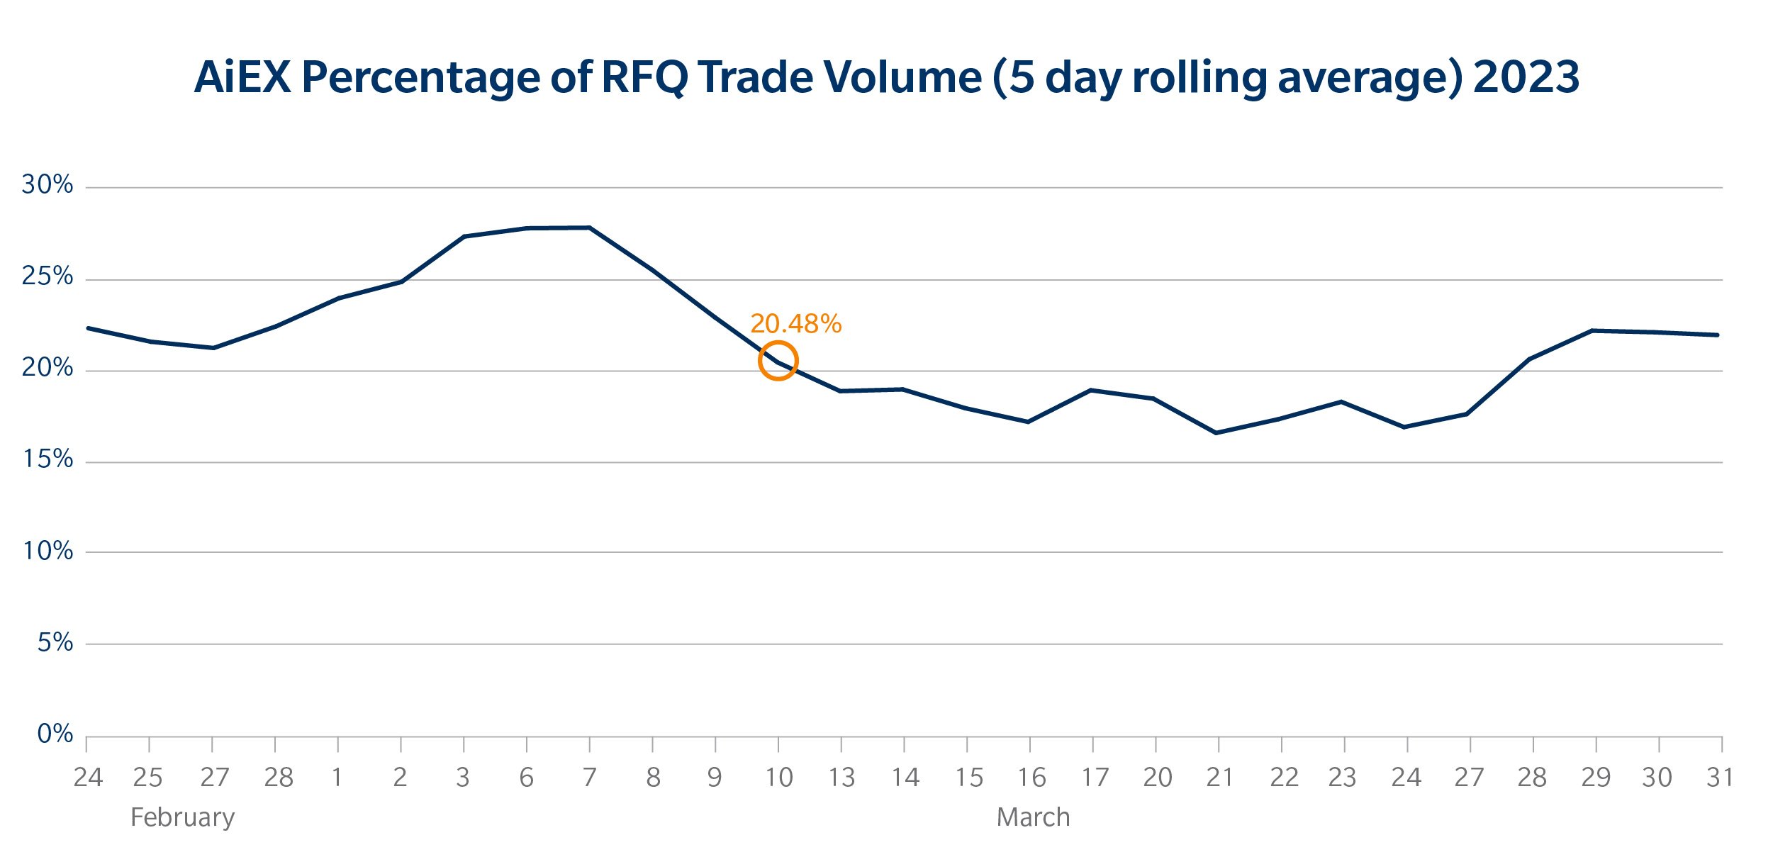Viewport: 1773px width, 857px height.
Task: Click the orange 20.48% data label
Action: coord(795,324)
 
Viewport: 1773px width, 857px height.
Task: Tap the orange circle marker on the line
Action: coord(778,361)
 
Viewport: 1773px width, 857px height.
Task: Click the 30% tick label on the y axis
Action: coord(47,184)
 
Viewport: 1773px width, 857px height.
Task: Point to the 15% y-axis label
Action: coord(47,459)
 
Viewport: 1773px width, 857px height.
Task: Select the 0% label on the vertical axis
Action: coord(55,734)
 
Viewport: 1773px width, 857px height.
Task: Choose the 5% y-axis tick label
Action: coord(55,642)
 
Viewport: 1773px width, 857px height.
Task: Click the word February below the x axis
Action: coord(182,817)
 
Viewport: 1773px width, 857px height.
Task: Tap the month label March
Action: coord(1033,817)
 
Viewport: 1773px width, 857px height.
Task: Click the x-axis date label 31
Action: coord(1719,778)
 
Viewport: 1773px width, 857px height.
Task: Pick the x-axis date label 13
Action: coord(841,778)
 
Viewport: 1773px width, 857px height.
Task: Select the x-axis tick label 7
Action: coord(589,778)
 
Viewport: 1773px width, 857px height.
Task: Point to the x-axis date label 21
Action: coord(1219,778)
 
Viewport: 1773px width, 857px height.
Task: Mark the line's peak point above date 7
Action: coord(589,228)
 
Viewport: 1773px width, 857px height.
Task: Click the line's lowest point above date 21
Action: coord(1217,432)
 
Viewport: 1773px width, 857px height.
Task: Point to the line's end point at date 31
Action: coord(1718,335)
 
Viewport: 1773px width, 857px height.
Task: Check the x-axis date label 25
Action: coord(148,778)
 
